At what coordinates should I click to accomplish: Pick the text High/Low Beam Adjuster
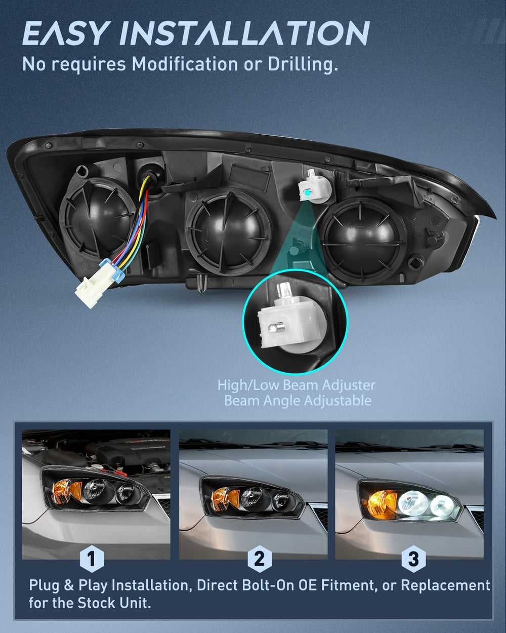click(x=296, y=385)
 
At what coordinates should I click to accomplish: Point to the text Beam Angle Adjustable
click(x=298, y=401)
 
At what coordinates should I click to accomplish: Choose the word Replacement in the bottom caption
click(x=445, y=585)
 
